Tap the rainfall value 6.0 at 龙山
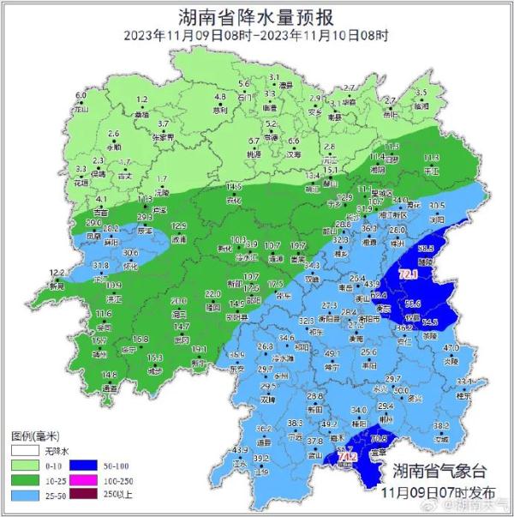(x=81, y=95)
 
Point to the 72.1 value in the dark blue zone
(x=409, y=274)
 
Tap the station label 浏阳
(x=438, y=219)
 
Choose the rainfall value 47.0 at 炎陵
(x=451, y=347)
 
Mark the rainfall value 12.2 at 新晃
(x=57, y=272)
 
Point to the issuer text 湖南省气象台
(x=439, y=472)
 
